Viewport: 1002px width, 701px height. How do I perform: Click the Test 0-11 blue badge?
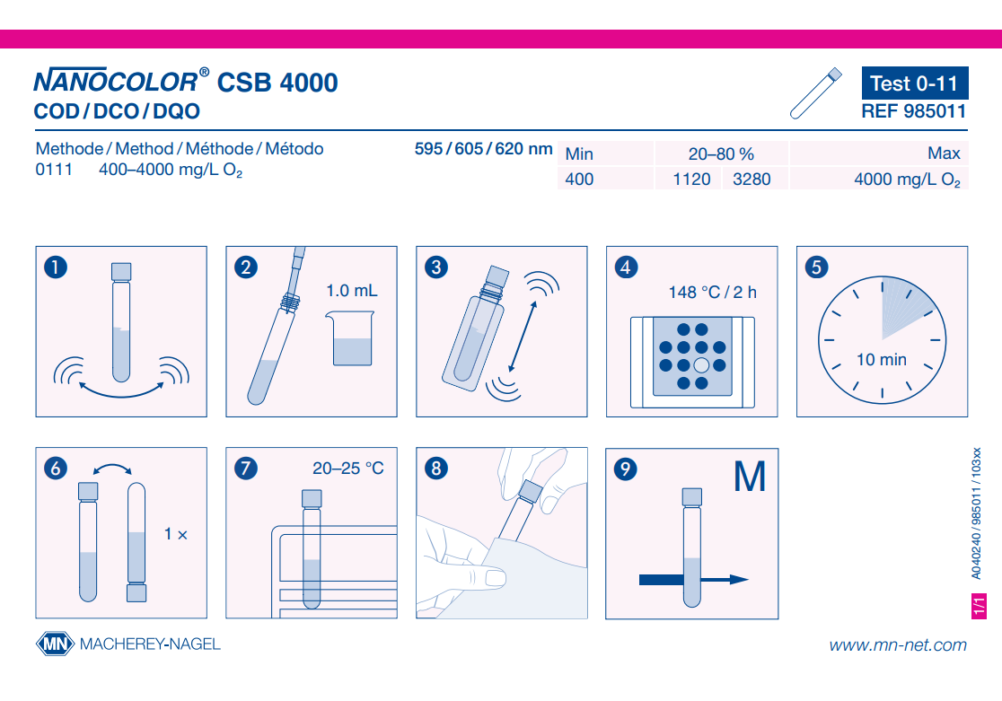point(914,83)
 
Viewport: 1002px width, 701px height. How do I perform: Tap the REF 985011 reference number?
point(913,111)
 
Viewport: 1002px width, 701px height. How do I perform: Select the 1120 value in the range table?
point(691,179)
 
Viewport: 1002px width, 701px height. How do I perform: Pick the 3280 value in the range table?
point(751,179)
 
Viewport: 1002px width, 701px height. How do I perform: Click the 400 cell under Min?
point(579,179)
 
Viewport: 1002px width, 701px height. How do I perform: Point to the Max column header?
point(944,153)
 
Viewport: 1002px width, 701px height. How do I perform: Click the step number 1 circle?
point(56,267)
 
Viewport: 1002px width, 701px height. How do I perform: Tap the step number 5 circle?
point(816,267)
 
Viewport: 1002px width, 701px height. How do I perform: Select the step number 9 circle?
point(626,469)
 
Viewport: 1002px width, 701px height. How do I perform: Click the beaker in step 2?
point(351,338)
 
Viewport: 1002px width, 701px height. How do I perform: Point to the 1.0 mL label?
point(351,291)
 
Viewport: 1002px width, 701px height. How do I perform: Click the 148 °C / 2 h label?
point(713,292)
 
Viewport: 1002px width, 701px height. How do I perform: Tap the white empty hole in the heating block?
point(701,365)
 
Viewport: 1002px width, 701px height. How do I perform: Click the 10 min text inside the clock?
point(881,360)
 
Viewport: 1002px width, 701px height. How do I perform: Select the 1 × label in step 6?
point(176,533)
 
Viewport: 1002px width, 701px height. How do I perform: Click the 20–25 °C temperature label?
point(348,469)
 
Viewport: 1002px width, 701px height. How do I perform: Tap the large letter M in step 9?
point(750,477)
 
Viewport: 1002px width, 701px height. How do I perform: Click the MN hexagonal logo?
point(55,644)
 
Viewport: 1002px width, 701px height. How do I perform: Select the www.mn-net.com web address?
point(898,644)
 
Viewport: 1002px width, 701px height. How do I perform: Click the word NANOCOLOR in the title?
point(116,81)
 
